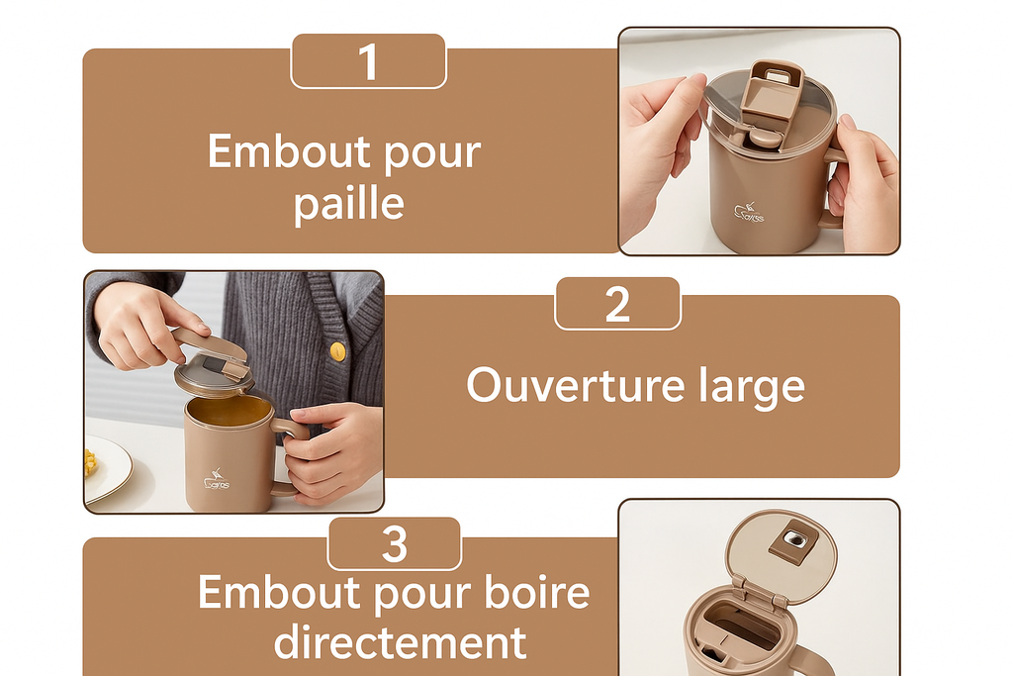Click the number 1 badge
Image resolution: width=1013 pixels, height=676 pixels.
[368, 61]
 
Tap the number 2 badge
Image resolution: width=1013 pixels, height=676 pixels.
[617, 304]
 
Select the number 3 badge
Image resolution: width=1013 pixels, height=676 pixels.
[394, 544]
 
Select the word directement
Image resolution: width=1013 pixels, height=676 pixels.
[400, 642]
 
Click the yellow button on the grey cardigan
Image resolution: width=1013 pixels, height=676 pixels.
[338, 350]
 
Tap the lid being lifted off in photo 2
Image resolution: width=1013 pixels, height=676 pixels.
[212, 367]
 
